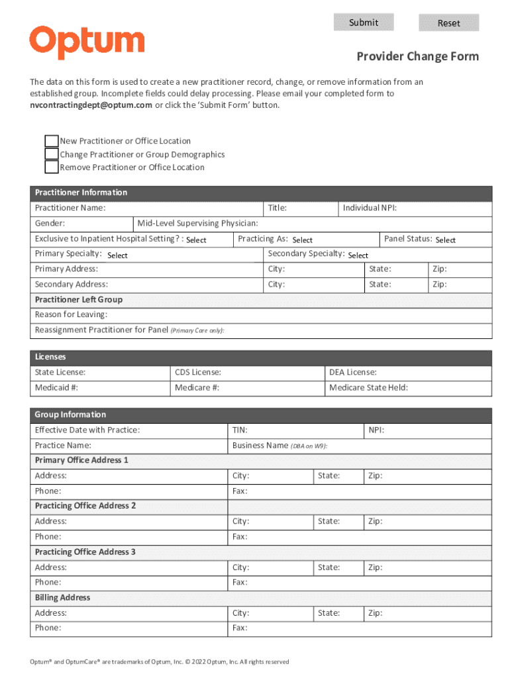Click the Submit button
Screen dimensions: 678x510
(x=363, y=23)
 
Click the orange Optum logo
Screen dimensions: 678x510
(x=87, y=43)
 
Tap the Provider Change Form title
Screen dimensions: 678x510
(x=417, y=57)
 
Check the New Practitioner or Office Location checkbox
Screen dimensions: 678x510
(x=52, y=141)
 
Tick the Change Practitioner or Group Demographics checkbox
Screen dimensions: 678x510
(x=52, y=154)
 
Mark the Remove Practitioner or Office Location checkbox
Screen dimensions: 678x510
(x=52, y=167)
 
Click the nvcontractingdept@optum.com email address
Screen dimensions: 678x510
(x=91, y=105)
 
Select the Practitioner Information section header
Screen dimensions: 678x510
(x=81, y=193)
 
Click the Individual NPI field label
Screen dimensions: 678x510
(x=370, y=208)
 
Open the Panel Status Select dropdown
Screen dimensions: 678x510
(x=446, y=240)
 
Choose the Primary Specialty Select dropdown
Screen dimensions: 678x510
(x=118, y=255)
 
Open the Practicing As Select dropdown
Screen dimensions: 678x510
(x=303, y=240)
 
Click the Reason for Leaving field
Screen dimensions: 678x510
(x=71, y=315)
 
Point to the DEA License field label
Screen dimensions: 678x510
(x=353, y=372)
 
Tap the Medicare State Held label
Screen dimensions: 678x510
(x=368, y=387)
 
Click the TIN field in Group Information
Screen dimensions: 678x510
(x=240, y=430)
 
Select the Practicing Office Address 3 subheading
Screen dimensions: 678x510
(x=85, y=552)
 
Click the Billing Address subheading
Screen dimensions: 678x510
(x=62, y=598)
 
